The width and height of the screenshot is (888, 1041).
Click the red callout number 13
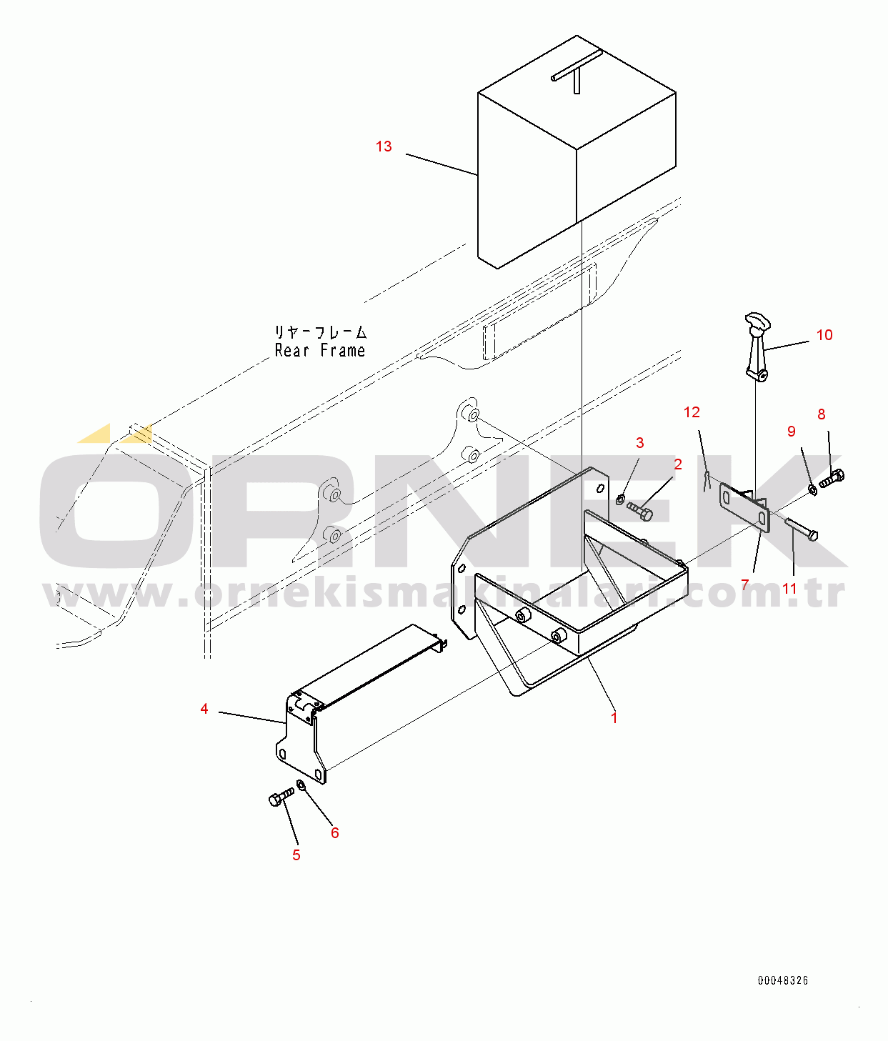[x=384, y=146]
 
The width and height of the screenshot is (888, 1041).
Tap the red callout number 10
[x=824, y=335]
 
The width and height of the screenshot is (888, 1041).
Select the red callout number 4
[x=204, y=709]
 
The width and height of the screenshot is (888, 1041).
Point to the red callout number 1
[x=614, y=718]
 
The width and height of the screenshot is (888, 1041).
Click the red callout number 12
[x=692, y=412]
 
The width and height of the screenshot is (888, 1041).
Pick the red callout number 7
[x=745, y=584]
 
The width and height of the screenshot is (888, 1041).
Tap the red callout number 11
[x=789, y=589]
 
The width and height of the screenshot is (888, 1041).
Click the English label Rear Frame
[x=320, y=351]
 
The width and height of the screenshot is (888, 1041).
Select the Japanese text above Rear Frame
[x=320, y=332]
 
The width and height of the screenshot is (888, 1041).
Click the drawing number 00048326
[x=783, y=980]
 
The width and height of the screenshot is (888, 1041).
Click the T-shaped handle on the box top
[x=577, y=71]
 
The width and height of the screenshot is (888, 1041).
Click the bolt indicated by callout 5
[x=281, y=798]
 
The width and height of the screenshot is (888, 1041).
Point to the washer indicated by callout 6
[x=301, y=785]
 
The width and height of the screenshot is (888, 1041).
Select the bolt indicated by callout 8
[x=832, y=478]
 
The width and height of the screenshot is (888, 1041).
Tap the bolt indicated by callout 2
[x=639, y=510]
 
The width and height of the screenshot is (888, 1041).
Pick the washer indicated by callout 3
[x=621, y=499]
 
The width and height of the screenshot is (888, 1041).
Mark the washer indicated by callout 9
[x=812, y=489]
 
